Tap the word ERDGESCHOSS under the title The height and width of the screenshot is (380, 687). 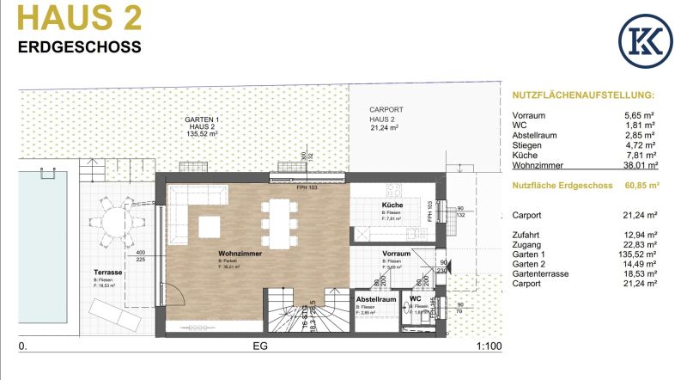click(79, 47)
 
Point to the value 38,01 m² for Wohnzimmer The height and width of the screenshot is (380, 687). click(641, 166)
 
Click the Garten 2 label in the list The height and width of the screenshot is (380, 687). click(530, 263)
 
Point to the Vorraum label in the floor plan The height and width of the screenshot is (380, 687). click(396, 254)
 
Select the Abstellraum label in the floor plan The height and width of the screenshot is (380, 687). click(378, 300)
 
